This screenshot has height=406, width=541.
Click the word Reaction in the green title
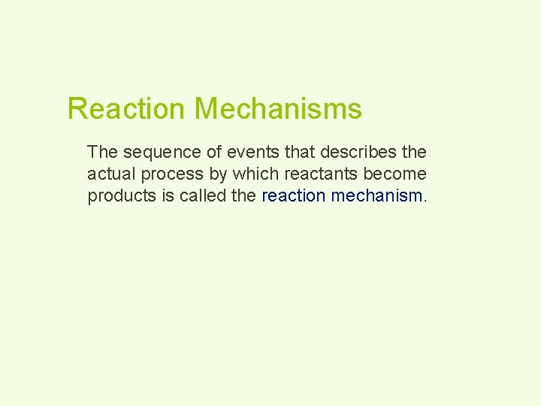[x=125, y=109]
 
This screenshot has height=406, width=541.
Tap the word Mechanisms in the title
[x=278, y=109]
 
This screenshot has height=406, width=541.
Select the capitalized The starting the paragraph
[x=103, y=152]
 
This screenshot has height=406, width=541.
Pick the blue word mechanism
[x=376, y=195]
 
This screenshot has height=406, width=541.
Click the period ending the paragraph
[x=426, y=200]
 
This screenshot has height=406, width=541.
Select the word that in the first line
[x=301, y=152]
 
